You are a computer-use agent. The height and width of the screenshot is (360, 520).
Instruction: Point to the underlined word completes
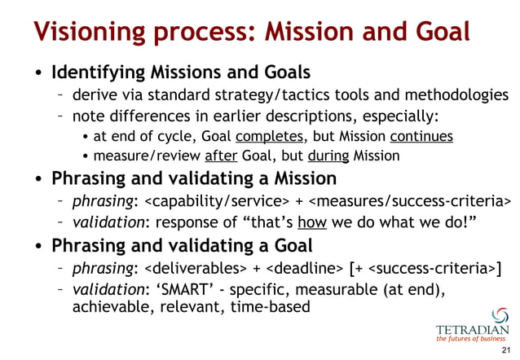point(270,136)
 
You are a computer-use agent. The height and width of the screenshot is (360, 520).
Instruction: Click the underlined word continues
point(421,136)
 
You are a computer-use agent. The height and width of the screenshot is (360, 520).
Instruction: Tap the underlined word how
point(308,221)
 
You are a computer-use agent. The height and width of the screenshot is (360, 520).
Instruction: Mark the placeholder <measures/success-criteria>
point(412,200)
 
